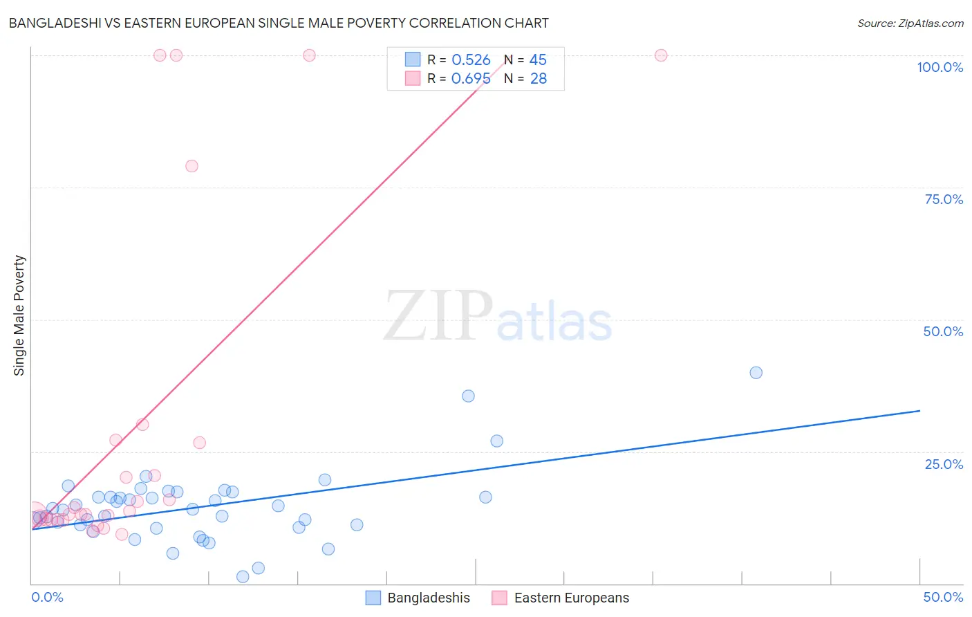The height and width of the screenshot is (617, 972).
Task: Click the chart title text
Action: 278,23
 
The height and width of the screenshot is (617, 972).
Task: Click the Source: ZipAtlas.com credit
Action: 910,23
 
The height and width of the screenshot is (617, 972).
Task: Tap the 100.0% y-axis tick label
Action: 940,67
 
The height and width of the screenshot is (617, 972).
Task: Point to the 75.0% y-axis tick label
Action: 944,199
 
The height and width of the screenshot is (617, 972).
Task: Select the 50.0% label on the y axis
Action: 943,331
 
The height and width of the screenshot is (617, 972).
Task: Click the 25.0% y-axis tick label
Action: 944,464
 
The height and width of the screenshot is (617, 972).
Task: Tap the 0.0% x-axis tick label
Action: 47,597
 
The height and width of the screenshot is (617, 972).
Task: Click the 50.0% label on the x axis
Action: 943,597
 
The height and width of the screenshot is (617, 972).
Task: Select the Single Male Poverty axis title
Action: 19,315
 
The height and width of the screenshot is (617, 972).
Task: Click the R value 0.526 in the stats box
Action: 471,60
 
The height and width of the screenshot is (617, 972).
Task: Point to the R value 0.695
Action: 471,79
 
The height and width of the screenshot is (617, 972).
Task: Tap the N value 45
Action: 538,60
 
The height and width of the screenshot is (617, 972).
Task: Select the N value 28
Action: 538,79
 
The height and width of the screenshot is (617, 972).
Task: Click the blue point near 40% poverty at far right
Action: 756,373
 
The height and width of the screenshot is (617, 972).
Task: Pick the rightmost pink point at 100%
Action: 660,55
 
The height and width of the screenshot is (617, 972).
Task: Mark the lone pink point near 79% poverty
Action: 191,166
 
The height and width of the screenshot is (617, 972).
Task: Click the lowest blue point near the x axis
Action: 243,577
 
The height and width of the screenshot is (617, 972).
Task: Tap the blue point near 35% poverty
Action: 468,396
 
